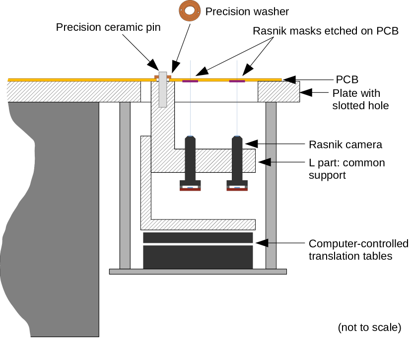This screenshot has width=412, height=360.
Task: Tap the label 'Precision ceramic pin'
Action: point(108,27)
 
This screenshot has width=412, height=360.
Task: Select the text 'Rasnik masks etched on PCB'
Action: point(326,31)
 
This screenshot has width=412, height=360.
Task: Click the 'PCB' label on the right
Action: point(347,79)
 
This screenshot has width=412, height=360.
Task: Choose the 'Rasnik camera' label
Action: point(345,144)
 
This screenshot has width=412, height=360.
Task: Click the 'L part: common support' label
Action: point(346,169)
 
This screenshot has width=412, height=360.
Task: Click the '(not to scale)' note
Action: point(369,327)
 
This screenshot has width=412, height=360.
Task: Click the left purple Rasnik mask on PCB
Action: point(190,81)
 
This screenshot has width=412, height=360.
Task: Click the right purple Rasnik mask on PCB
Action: point(237,81)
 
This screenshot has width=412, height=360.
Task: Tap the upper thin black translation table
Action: point(198,237)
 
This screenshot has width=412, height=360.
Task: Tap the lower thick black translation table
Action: point(198,257)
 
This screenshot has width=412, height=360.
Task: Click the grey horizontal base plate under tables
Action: point(198,272)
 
